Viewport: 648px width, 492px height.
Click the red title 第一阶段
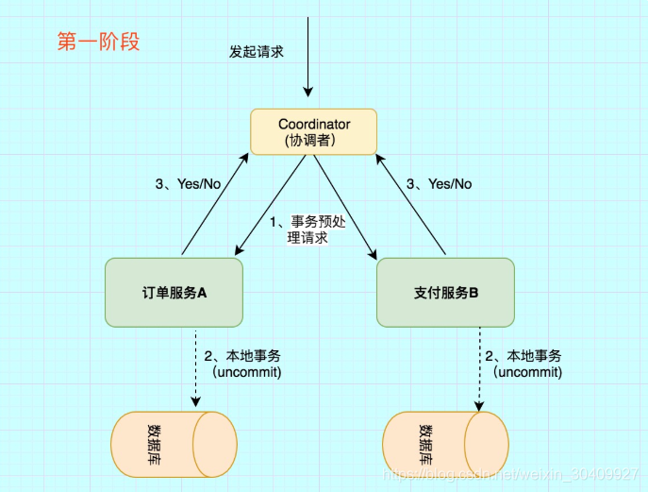click(x=98, y=42)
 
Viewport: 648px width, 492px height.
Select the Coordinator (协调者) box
click(x=314, y=132)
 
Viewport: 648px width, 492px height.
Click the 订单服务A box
click(x=174, y=293)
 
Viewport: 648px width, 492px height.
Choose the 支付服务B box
click(x=445, y=293)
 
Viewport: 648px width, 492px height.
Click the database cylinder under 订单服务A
click(x=174, y=444)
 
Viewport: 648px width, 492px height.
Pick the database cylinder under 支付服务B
click(x=445, y=444)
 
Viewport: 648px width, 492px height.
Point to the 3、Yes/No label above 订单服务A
click(x=189, y=184)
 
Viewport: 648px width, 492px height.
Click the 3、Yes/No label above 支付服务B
click(x=439, y=184)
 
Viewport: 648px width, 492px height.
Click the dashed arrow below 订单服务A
click(x=195, y=368)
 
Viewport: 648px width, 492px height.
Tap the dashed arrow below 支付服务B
click(x=480, y=368)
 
